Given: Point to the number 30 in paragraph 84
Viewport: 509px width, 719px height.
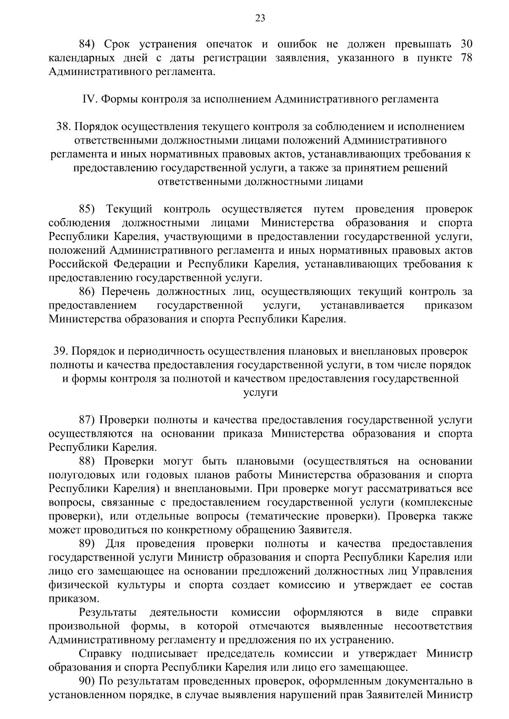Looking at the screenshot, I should point(466,44).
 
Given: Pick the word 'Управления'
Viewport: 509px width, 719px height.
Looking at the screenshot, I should point(442,571).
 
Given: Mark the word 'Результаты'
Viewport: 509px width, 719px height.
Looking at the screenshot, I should point(108,612).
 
